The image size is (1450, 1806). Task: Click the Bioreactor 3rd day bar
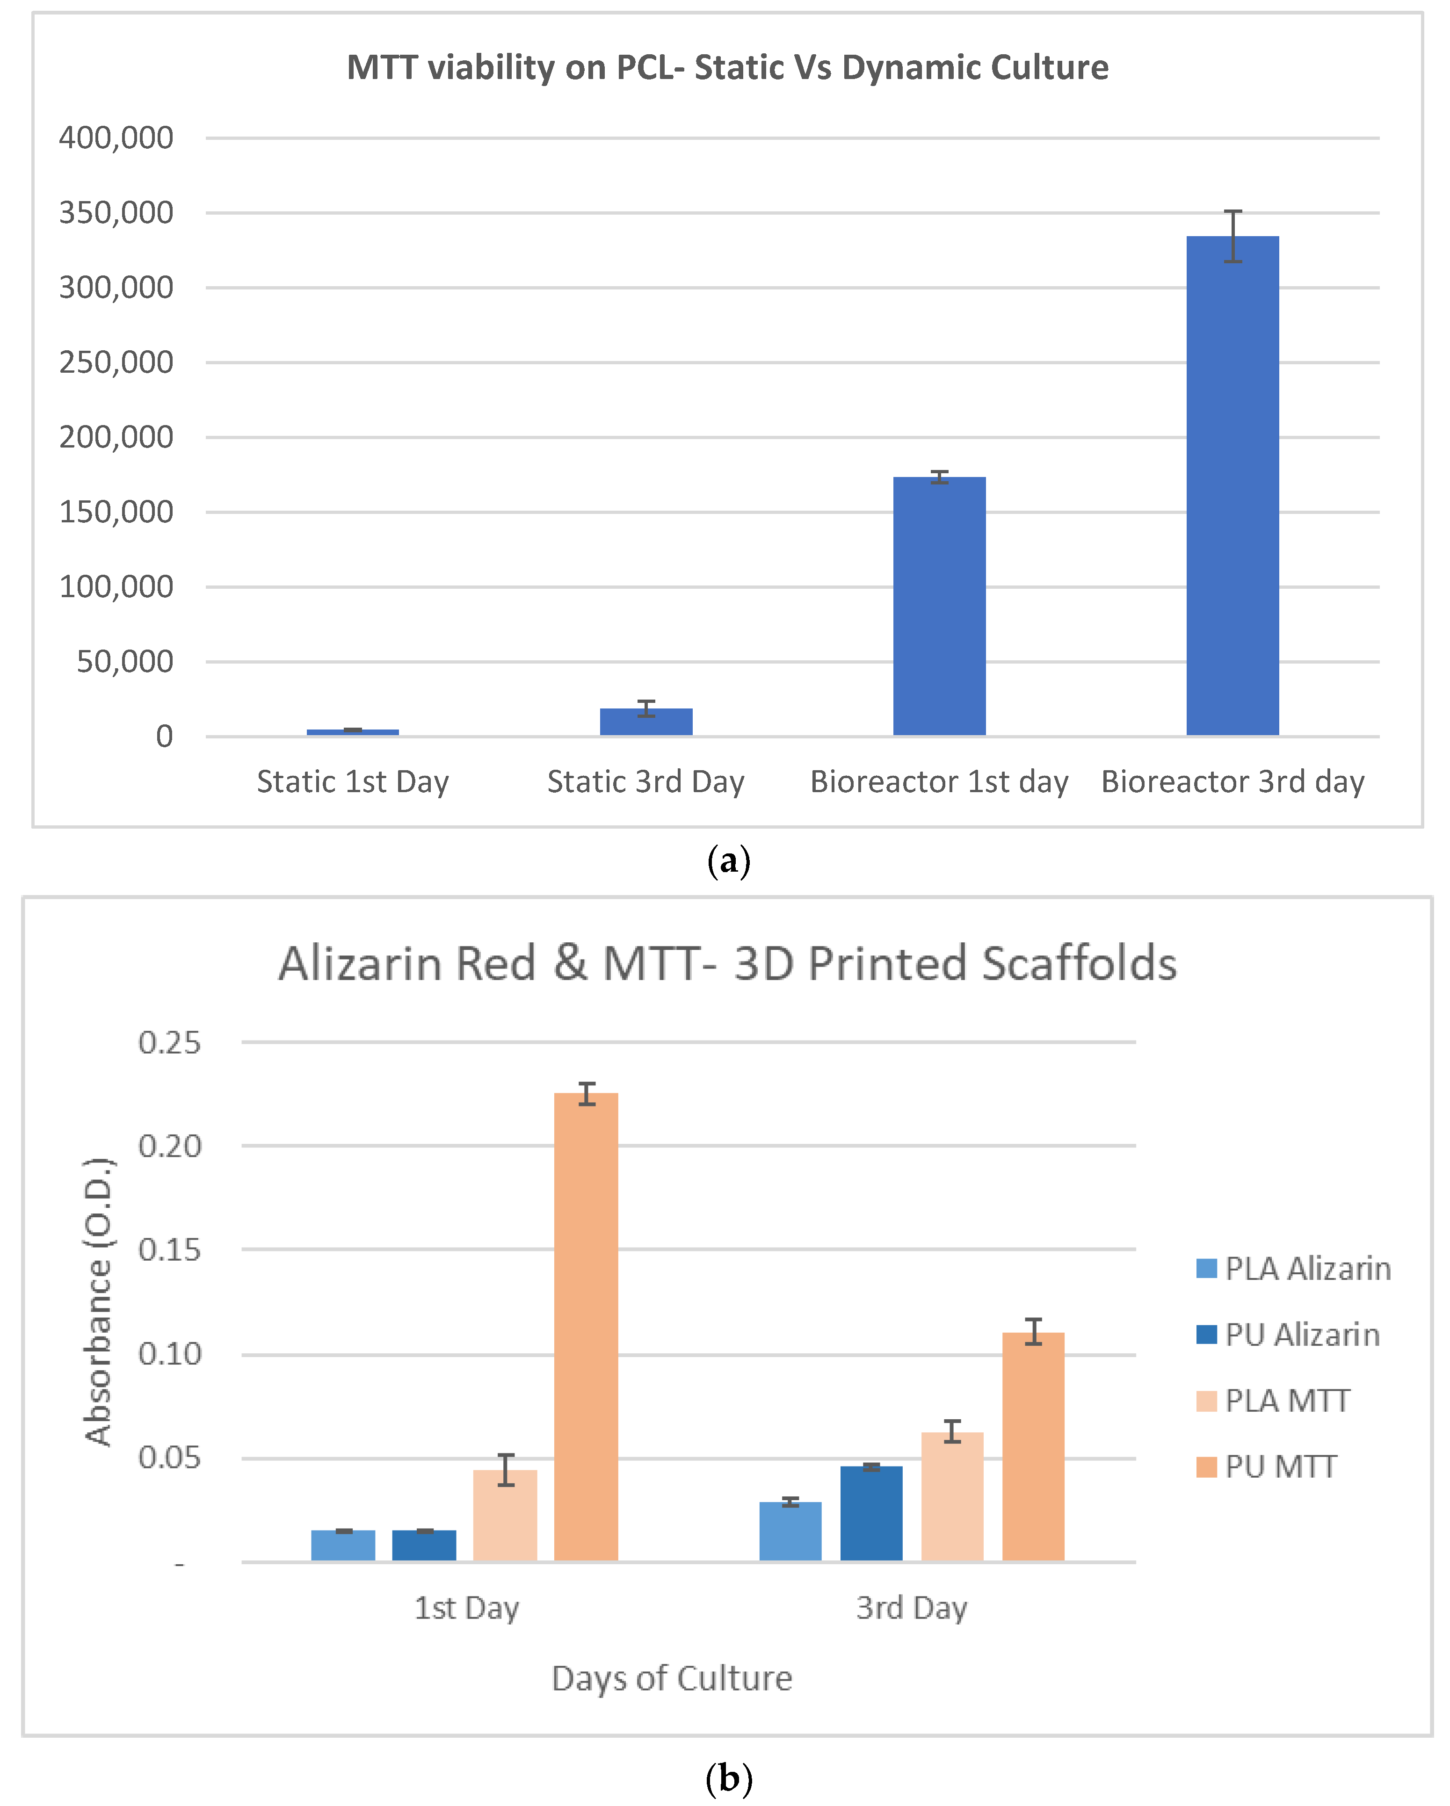[1232, 486]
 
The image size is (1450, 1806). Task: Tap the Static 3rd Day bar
[646, 722]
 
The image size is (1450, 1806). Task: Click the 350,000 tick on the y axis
[116, 213]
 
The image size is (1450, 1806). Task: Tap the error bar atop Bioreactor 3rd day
[1232, 236]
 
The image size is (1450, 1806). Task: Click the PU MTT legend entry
[1267, 1467]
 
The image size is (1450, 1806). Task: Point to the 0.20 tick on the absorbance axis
[169, 1146]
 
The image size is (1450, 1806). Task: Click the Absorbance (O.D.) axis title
[98, 1302]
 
